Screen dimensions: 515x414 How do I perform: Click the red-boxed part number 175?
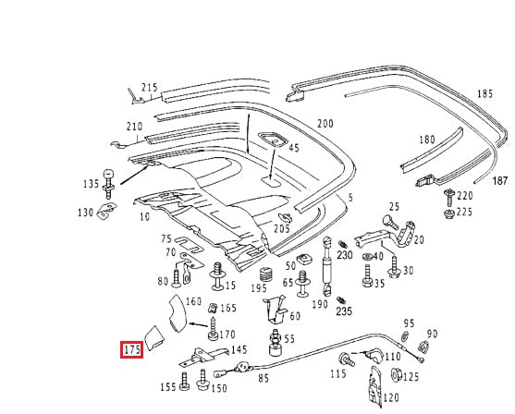point(132,350)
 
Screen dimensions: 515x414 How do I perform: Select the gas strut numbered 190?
point(327,266)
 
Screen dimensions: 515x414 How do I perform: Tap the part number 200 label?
point(325,124)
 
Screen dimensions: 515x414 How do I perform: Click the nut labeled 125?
point(395,375)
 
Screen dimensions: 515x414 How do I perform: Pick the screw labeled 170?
point(213,329)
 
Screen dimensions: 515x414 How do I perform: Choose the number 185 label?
point(485,94)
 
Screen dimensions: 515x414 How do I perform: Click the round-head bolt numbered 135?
point(108,184)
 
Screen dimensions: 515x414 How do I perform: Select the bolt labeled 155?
point(185,382)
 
